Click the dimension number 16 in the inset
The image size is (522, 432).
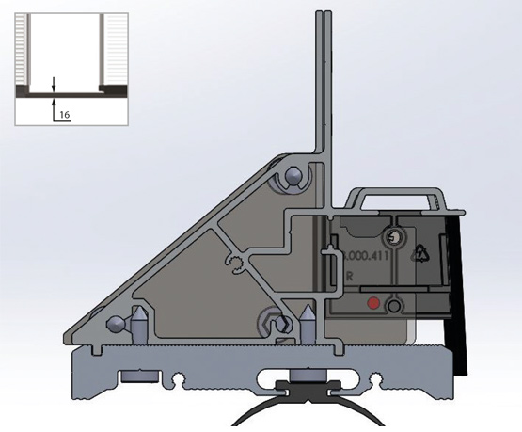[64, 113]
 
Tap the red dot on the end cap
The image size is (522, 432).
[374, 304]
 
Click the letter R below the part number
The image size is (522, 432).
[349, 277]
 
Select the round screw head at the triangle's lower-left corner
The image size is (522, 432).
[116, 324]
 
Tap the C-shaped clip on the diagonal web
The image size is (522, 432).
[234, 261]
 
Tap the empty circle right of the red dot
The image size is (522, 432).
[395, 305]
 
